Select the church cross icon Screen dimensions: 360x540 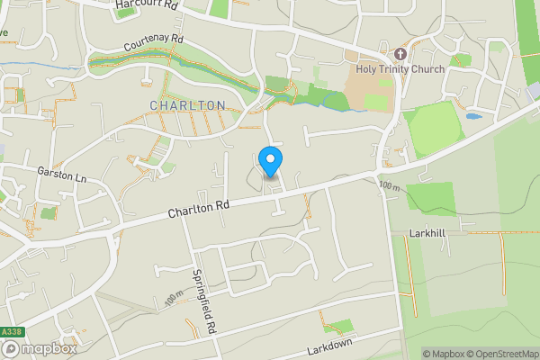pyautogui.click(x=400, y=53)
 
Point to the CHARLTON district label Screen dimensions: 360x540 pyautogui.click(x=187, y=105)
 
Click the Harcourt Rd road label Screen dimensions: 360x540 pyautogui.click(x=148, y=6)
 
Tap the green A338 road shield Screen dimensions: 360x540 pyautogui.click(x=11, y=332)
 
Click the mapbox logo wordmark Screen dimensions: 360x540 pyautogui.click(x=48, y=349)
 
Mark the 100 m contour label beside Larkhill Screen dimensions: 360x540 pyautogui.click(x=389, y=186)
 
